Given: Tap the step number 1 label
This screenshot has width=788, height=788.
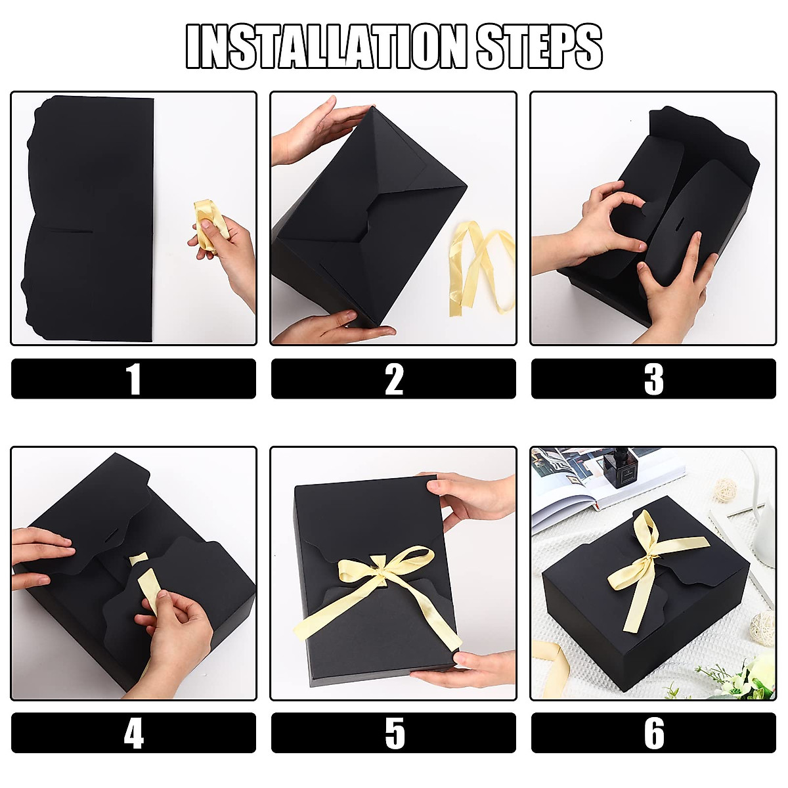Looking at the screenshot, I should coord(133,379).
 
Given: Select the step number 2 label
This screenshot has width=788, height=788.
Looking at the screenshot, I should coord(393,379).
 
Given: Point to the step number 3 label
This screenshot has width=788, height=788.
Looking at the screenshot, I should coord(653,379).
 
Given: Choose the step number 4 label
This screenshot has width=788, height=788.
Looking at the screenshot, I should coord(133,733).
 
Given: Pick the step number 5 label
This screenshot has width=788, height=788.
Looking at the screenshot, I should coord(393,733).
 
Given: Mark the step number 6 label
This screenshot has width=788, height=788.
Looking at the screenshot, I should coord(653,733).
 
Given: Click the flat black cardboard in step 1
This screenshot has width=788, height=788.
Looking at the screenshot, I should coord(92,217).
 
